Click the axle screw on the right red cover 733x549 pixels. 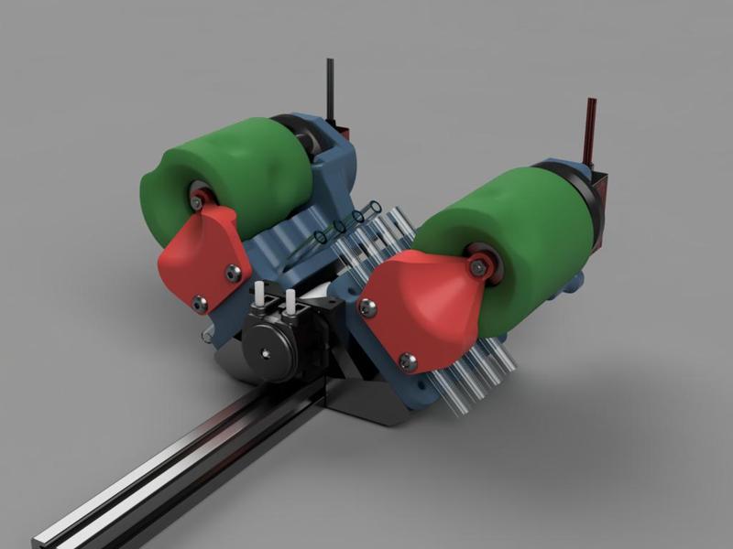477,266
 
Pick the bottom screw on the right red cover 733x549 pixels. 409,362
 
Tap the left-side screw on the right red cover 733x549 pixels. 367,308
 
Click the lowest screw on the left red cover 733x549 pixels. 200,300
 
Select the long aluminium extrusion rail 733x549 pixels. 183,467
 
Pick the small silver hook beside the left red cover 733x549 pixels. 208,337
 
